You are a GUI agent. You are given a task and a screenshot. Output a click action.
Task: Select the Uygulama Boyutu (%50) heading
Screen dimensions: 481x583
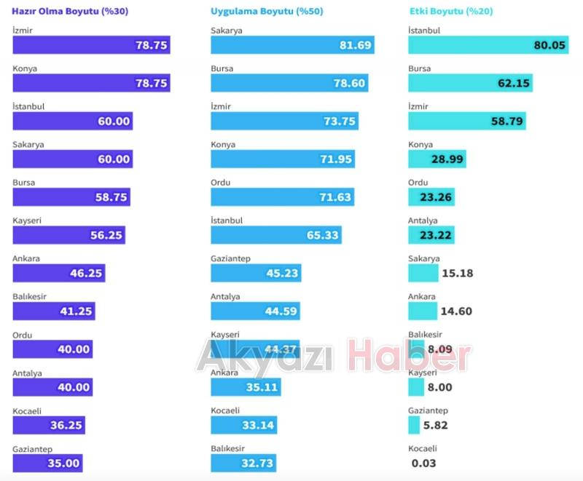267,12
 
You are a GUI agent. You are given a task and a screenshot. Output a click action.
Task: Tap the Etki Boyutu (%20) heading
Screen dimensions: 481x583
450,12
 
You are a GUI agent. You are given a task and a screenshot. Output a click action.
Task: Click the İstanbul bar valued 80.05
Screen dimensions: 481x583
488,45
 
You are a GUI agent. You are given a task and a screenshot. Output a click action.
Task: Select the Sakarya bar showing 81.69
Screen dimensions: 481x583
292,45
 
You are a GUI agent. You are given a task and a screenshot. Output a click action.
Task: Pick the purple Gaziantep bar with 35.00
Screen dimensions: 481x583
47,463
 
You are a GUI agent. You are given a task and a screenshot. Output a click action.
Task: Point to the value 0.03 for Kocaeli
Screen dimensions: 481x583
423,463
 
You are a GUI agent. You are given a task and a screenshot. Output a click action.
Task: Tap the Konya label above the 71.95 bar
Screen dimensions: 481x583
223,145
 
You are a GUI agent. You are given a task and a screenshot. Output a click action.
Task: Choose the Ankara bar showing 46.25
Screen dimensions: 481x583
58,274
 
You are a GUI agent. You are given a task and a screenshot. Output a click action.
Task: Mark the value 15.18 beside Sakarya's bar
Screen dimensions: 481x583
457,273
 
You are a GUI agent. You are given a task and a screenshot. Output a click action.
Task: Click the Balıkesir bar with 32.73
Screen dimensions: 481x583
243,463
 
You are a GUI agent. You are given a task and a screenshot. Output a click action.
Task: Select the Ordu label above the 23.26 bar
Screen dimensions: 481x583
418,183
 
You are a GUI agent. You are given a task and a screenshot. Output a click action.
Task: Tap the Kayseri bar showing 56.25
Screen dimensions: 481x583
69,235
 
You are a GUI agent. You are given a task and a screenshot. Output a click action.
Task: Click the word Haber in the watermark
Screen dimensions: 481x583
409,357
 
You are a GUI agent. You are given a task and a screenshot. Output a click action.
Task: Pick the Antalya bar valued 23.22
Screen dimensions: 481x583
431,235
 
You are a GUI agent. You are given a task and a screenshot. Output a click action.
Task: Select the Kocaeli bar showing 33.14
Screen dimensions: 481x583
243,425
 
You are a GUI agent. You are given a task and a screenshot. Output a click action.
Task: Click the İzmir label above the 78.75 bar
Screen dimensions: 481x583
23,31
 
